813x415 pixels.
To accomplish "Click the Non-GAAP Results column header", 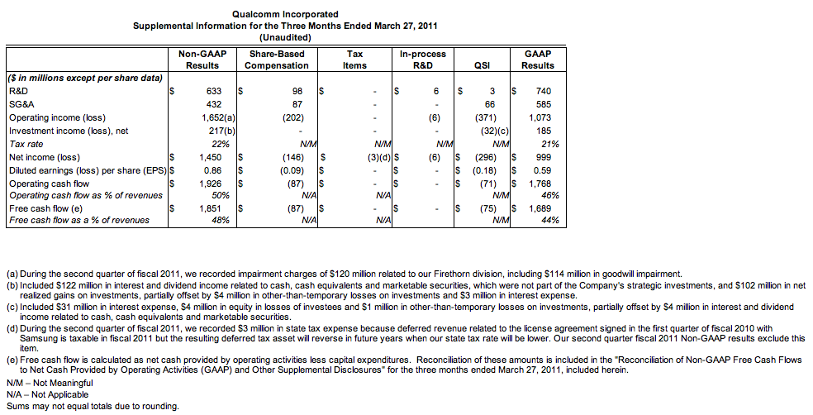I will [202, 60].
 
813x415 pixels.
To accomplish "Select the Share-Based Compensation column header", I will [277, 60].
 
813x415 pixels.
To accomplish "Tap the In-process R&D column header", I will [423, 60].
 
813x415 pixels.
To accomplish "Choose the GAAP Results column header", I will [538, 60].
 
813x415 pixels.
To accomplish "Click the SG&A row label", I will [22, 104].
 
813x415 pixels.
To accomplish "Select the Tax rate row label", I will [26, 144].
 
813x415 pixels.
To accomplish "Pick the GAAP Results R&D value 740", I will [543, 91].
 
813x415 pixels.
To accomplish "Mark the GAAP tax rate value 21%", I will [549, 144].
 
